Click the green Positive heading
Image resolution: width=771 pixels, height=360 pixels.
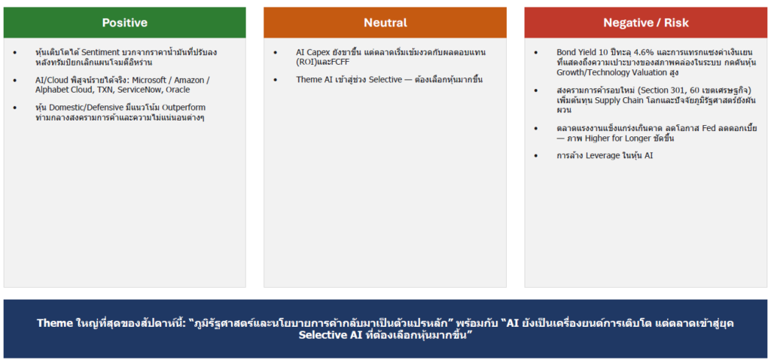coord(124,23)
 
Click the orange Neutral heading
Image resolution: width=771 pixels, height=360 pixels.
coord(385,23)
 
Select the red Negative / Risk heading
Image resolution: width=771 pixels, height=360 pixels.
coord(646,23)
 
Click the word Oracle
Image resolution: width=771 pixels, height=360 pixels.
coord(178,90)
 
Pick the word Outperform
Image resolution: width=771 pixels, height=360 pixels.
coord(185,107)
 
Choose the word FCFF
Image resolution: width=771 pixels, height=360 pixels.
coord(340,63)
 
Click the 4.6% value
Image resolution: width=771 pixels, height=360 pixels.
coord(623,52)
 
